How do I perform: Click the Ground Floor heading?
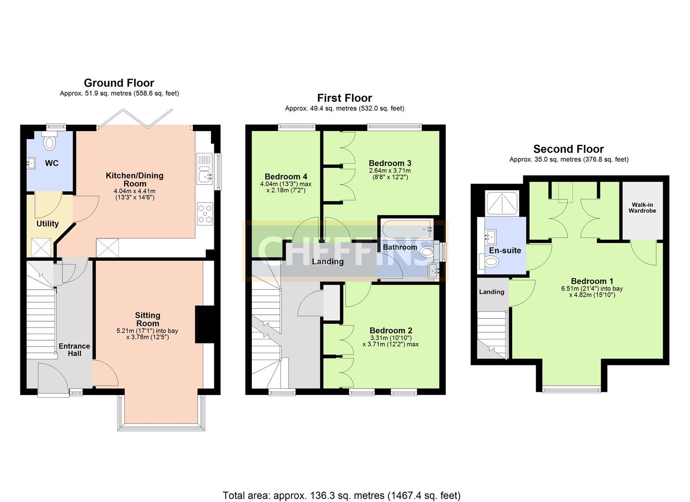coord(119,83)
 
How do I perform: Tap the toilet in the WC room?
coord(49,142)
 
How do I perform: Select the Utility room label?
coord(47,224)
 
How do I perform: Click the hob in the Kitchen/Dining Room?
coord(205,214)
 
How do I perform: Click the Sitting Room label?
coord(147,319)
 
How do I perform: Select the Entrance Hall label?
coord(74,350)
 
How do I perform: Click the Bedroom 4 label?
coord(286,177)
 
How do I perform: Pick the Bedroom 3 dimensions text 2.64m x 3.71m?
coord(390,171)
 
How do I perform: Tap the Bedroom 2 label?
coord(391,330)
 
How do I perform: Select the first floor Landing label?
coord(328,262)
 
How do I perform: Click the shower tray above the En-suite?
coord(501,204)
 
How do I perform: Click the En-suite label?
coord(505,251)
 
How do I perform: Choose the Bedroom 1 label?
coord(592,281)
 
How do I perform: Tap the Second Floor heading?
coord(568,149)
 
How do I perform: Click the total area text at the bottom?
coord(342,495)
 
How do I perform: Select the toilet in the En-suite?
coord(491,262)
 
